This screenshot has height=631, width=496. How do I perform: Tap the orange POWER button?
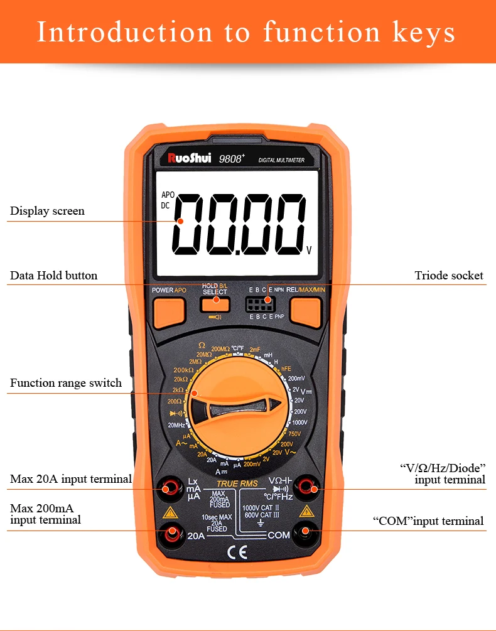point(169,311)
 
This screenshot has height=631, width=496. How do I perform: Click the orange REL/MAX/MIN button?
point(306,311)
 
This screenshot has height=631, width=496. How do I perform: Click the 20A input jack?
point(171,532)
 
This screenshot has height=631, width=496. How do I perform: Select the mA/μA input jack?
point(169,488)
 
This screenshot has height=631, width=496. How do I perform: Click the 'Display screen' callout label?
point(47,211)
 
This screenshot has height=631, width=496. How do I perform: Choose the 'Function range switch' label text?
point(66,383)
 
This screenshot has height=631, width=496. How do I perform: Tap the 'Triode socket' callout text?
point(449,276)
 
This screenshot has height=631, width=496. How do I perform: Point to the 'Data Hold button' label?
point(53,276)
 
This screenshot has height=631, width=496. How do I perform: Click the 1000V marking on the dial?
point(300,423)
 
